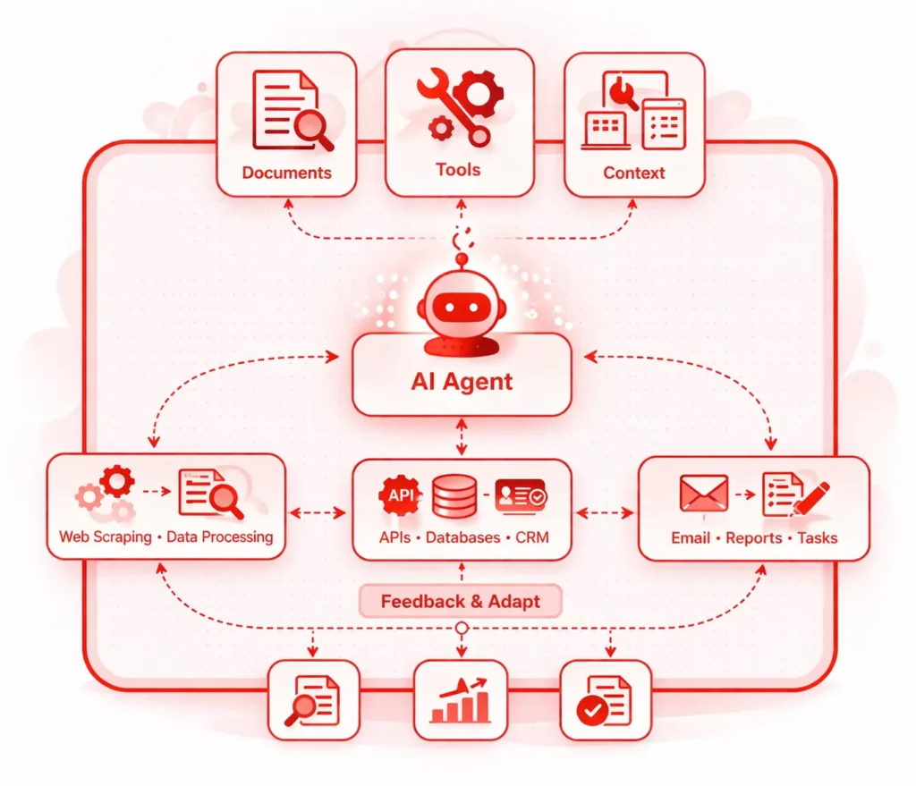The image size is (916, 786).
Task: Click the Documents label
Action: click(286, 173)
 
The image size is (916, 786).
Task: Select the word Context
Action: click(633, 173)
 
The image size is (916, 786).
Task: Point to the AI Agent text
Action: click(462, 382)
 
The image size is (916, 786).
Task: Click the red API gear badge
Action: click(400, 495)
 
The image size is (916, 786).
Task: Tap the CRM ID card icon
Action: click(521, 494)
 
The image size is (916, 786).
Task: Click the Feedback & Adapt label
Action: click(461, 601)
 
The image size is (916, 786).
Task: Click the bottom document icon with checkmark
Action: click(605, 700)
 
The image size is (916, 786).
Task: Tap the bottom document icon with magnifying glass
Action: click(313, 700)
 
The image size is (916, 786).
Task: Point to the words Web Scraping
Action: click(106, 537)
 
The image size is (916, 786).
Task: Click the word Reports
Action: click(753, 538)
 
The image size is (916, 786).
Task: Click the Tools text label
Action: click(458, 169)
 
